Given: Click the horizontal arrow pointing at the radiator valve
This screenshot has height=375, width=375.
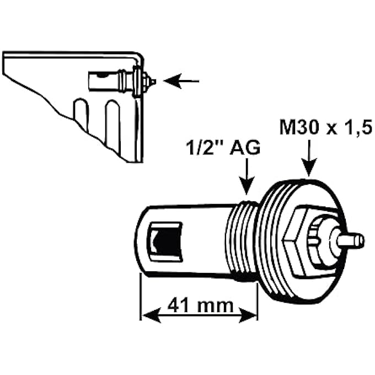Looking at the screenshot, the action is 181,82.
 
